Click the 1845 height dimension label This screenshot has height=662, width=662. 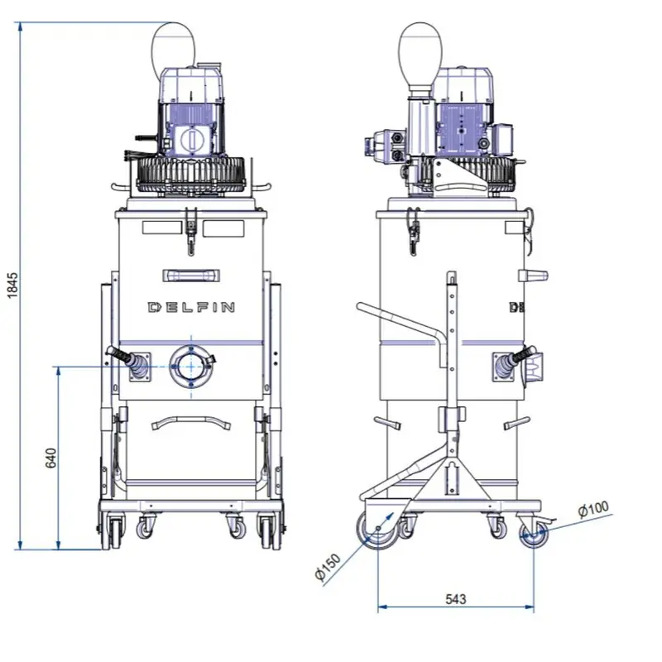pos(12,285)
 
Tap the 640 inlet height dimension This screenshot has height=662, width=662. pos(50,458)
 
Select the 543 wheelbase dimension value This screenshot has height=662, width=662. pos(456,599)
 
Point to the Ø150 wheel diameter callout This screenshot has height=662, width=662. pos(328,567)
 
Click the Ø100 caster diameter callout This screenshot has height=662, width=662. pos(593,509)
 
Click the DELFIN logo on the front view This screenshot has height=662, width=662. pos(191,307)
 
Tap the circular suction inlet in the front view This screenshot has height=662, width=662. pos(191,367)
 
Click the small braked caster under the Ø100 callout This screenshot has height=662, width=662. pos(534,534)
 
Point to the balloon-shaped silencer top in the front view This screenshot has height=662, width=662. pos(174,46)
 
